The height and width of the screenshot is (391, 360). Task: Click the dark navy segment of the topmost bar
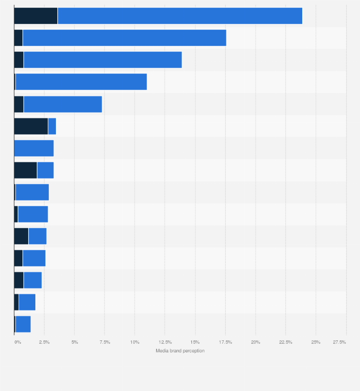coord(36,16)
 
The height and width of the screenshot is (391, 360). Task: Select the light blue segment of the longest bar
coord(180,16)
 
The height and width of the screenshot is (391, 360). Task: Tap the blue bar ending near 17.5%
coord(124,38)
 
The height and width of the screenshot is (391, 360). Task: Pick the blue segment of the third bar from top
coord(102,60)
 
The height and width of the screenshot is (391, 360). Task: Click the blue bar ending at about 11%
coord(81,82)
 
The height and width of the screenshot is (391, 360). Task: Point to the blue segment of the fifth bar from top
coord(63,104)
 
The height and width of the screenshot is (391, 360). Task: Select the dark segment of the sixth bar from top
coord(31,126)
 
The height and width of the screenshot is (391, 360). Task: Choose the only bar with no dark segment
coord(34,148)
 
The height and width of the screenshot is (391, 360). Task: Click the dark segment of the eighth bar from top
coord(25,170)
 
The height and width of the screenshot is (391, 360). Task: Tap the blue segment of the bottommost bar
coord(23,324)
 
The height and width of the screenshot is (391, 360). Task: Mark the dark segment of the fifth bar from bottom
coord(21,236)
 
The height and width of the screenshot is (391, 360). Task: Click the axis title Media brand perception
coord(180,351)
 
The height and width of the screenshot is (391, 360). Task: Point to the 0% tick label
coord(18,342)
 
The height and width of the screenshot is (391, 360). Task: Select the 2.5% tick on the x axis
coord(44,342)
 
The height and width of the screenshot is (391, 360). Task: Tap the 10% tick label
coord(135,342)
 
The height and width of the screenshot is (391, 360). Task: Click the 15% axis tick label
coord(195,342)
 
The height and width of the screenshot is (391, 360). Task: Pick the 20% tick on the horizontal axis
coord(255,342)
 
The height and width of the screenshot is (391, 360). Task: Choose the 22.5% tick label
coord(286,342)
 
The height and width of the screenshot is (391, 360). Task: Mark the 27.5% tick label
coord(339,342)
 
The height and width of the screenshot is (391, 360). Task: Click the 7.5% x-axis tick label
coord(105,342)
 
